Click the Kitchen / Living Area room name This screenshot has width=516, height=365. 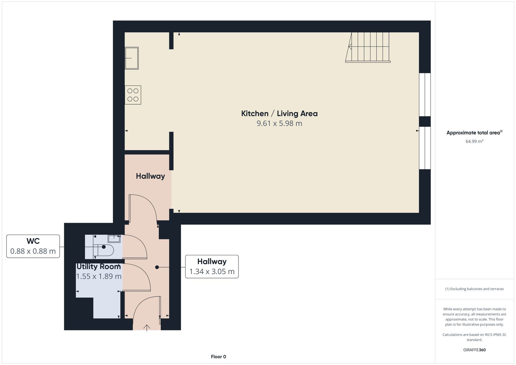pos(279,113)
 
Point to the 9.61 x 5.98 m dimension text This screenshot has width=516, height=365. pos(279,123)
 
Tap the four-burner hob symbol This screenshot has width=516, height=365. pos(133,95)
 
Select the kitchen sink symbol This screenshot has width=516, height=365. pos(132,58)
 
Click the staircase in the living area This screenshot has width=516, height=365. pos(368,47)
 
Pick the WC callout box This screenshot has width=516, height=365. pos(33,246)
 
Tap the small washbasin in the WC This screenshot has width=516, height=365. pos(114,238)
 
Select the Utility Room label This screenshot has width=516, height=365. pos(99,266)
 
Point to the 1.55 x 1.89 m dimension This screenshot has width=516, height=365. pos(99,276)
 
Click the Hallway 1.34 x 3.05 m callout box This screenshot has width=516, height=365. pos(212,266)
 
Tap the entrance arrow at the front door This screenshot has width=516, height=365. pos(147,328)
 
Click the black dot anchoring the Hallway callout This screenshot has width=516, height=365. pos(157,267)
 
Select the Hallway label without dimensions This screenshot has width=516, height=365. pos(150,176)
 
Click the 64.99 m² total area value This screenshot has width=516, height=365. pos(474,141)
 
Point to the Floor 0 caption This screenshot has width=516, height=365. pos(218,356)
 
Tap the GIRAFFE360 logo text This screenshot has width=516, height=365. pos(474,350)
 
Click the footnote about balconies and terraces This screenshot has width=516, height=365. pos(474,289)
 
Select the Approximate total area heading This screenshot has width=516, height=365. pos(474,133)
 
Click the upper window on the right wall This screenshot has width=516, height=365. pos(425,95)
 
